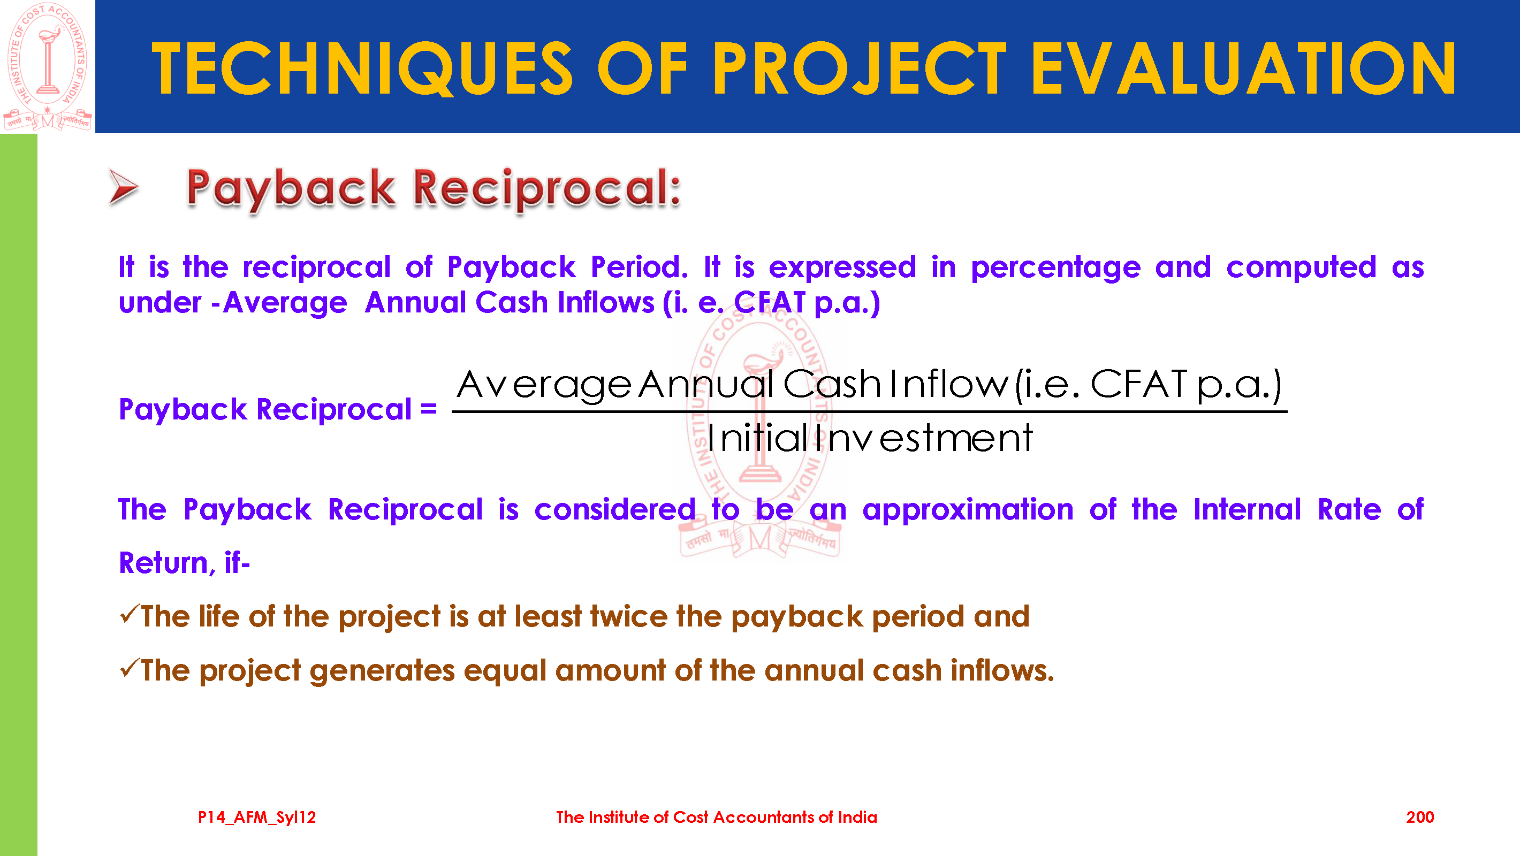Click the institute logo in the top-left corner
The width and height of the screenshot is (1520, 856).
coord(47,66)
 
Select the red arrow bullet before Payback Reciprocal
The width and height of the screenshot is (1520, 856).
coord(123,188)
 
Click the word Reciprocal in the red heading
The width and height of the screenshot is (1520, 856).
coord(547,189)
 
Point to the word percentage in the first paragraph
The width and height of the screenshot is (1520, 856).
coord(1055,268)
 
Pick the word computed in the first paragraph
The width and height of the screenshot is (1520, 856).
coord(1301,267)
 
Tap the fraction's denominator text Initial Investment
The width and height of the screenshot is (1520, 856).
coord(870,438)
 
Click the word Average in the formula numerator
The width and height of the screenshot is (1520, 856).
coord(543,385)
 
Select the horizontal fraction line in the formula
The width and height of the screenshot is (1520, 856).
coord(869,411)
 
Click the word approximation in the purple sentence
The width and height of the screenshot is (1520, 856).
coord(968,510)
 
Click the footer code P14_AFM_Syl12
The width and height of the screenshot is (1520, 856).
coord(257,817)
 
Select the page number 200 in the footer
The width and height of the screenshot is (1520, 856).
coord(1420,817)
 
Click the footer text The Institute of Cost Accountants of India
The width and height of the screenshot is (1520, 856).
coord(716,817)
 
